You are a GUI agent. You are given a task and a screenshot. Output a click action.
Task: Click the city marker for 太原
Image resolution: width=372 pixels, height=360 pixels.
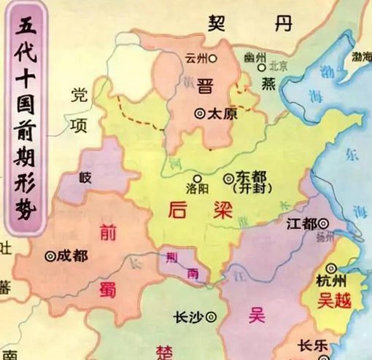pyautogui.click(x=200, y=114)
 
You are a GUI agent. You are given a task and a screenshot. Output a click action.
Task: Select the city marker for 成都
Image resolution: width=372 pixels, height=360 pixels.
pyautogui.click(x=50, y=256)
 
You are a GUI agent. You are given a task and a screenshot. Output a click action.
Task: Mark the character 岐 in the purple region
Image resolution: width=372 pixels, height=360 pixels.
pyautogui.click(x=86, y=176)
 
